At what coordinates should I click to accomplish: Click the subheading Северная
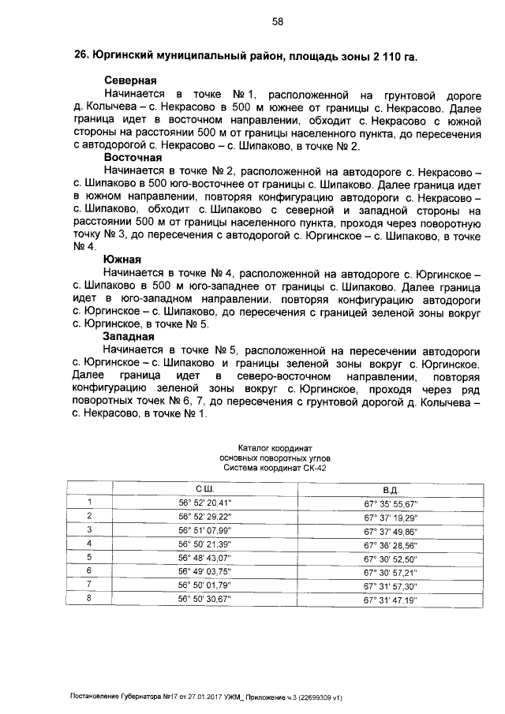(x=130, y=80)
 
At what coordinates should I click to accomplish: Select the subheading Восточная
(x=136, y=157)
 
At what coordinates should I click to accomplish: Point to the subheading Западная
(x=131, y=335)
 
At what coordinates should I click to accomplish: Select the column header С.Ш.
(x=204, y=489)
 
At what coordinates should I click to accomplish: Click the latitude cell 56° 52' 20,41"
(x=204, y=503)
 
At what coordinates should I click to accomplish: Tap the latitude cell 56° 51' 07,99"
(x=204, y=530)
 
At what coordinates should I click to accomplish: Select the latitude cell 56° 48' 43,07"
(x=204, y=558)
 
